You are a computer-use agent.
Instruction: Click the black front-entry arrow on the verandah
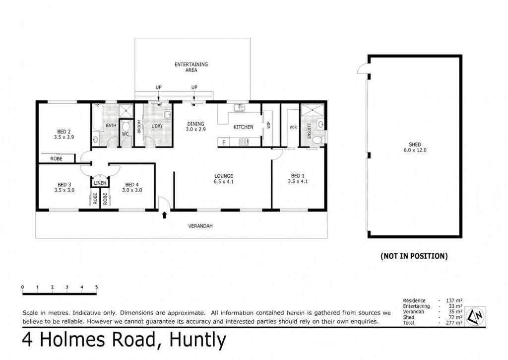pos(164,215)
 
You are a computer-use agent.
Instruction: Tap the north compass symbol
pos(476,315)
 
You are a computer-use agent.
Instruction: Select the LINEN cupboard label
pos(100,183)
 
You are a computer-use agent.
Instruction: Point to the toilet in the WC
pos(126,126)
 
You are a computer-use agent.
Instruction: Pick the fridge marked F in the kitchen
pos(224,142)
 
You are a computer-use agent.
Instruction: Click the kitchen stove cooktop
pos(244,142)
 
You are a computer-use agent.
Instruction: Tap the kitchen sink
pos(239,108)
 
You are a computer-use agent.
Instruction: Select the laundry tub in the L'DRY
pos(167,115)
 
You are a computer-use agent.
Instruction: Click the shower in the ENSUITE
pos(313,110)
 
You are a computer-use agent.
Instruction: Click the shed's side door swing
pos(362,69)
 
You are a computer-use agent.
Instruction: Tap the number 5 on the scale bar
pos(97,287)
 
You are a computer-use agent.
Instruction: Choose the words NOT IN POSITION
pos(414,256)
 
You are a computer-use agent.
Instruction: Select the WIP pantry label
pos(268,125)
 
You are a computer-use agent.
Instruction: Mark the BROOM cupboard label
pos(139,127)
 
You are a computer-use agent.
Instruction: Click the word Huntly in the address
pos(197,340)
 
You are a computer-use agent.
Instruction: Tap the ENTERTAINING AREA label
pos(191,67)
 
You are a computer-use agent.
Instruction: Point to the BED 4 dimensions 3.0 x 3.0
pos(132,190)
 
